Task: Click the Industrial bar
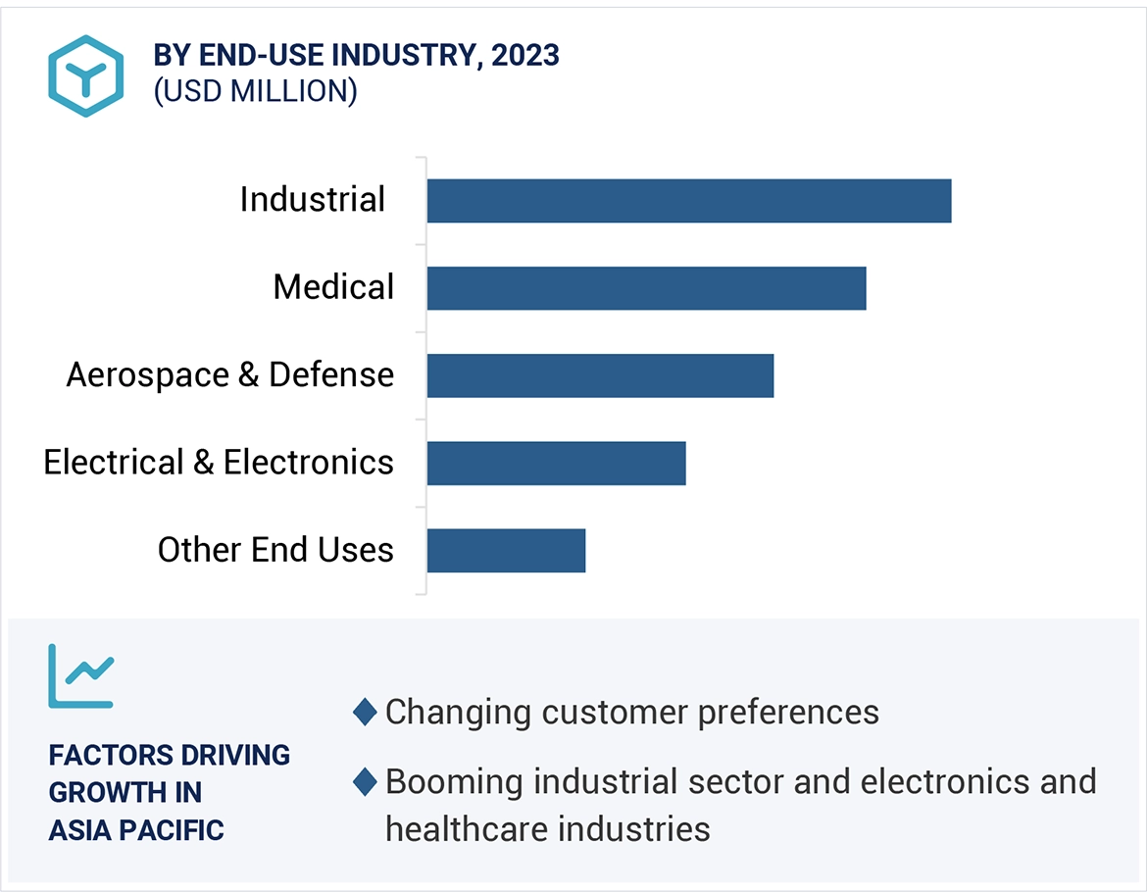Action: (x=688, y=201)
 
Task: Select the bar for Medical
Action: (x=646, y=288)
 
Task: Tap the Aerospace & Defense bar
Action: (x=600, y=375)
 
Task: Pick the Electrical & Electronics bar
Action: (x=556, y=463)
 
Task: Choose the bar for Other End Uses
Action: (x=506, y=550)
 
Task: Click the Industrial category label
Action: (x=313, y=200)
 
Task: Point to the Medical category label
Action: (x=333, y=287)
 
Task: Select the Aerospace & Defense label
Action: (x=230, y=374)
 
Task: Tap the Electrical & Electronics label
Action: (x=219, y=462)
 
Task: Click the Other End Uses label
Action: (x=275, y=549)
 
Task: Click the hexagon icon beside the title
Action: (x=86, y=75)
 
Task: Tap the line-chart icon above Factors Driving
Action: (x=81, y=675)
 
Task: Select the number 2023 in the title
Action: (x=525, y=55)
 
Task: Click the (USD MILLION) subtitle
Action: (x=255, y=91)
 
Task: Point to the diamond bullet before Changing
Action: (x=365, y=713)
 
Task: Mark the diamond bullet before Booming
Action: (x=365, y=782)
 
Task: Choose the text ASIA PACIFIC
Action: (x=136, y=830)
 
